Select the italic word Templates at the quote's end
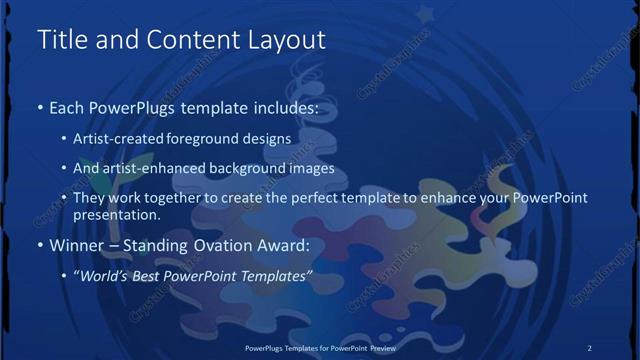click(279, 275)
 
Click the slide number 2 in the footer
click(589, 347)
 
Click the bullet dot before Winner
click(40, 245)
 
